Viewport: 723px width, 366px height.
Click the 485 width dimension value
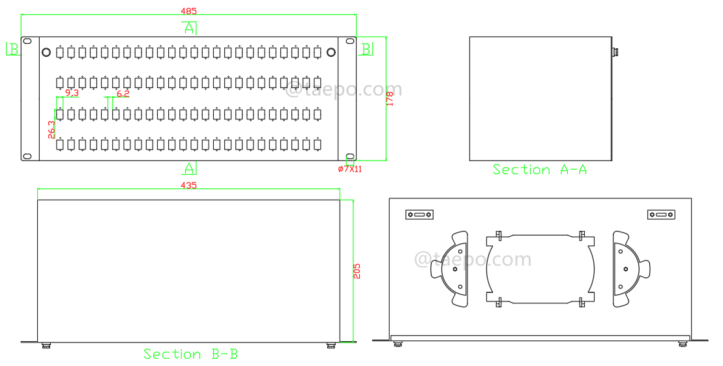pyautogui.click(x=188, y=11)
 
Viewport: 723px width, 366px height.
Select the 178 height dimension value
pyautogui.click(x=390, y=99)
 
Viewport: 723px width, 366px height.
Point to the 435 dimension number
pyautogui.click(x=188, y=185)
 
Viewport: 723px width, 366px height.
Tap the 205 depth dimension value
pyautogui.click(x=357, y=271)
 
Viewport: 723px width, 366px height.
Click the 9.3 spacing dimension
pyautogui.click(x=72, y=93)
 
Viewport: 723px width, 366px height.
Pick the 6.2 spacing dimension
pyautogui.click(x=123, y=93)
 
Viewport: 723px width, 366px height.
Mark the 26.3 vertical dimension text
pyautogui.click(x=52, y=129)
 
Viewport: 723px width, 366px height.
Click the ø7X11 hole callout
pyautogui.click(x=350, y=169)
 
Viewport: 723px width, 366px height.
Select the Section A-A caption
pyautogui.click(x=540, y=170)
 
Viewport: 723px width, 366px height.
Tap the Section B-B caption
pyautogui.click(x=190, y=354)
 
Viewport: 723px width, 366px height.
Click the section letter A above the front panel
pyautogui.click(x=189, y=28)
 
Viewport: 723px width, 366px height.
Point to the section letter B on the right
pyautogui.click(x=366, y=49)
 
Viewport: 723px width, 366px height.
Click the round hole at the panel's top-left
pyautogui.click(x=46, y=52)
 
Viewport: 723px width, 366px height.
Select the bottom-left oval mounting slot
pyautogui.click(x=27, y=155)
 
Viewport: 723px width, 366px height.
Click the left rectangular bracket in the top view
pyautogui.click(x=419, y=215)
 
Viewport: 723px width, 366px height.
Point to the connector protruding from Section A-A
pyautogui.click(x=614, y=50)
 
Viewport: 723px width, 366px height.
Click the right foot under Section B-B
pyautogui.click(x=331, y=345)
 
